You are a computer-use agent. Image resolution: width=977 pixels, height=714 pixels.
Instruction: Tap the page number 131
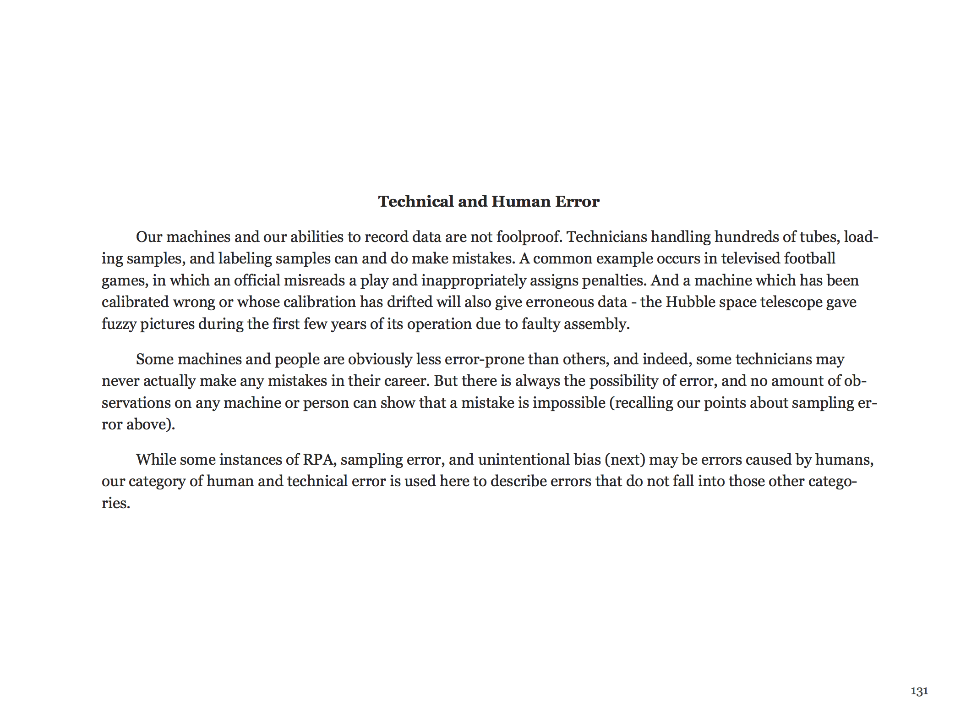click(x=919, y=691)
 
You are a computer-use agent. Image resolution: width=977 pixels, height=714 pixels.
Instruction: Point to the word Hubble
click(x=688, y=302)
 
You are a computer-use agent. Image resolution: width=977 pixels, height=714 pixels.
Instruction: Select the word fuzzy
click(x=119, y=324)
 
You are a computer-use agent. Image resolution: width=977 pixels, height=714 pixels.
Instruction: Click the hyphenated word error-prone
click(x=484, y=359)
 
